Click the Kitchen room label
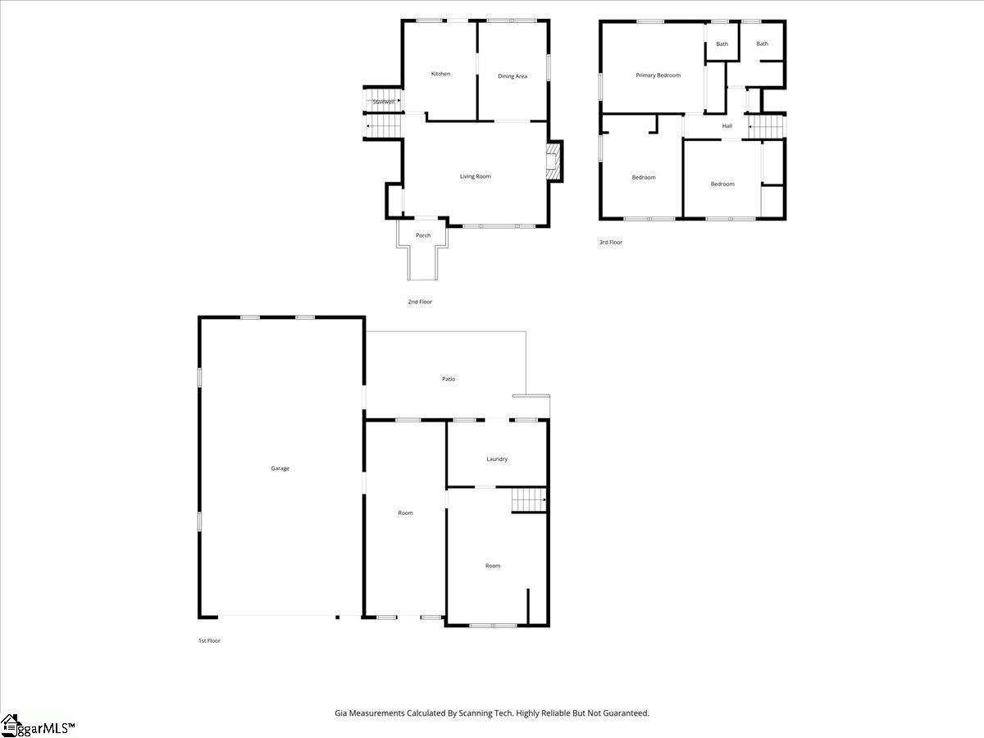click(440, 74)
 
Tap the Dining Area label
click(512, 76)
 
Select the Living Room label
click(475, 176)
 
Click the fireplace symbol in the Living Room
click(555, 162)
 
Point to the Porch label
click(423, 235)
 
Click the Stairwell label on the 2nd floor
click(383, 102)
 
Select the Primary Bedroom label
click(658, 75)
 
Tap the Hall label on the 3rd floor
click(727, 125)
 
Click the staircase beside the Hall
click(767, 127)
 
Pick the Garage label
click(280, 468)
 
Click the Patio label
click(449, 379)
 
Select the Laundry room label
click(497, 459)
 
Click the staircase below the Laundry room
click(529, 499)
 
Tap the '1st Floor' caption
click(209, 640)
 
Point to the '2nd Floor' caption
click(420, 302)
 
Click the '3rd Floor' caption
click(611, 242)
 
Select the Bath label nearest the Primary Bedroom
click(722, 44)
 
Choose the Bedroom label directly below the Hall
click(722, 184)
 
